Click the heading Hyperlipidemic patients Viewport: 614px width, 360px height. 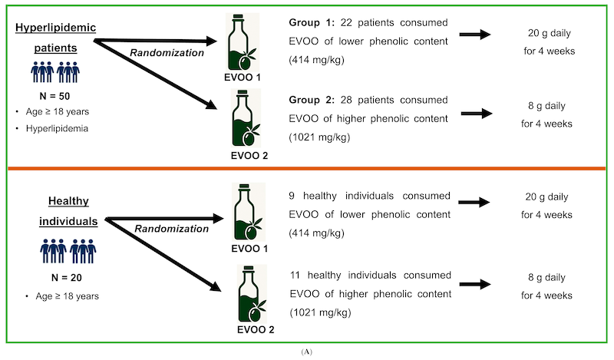(55, 38)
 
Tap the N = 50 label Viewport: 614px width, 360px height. (54, 96)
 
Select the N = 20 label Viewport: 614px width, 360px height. (67, 278)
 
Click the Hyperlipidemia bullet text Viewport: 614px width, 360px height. (57, 128)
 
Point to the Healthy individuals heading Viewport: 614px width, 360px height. (68, 211)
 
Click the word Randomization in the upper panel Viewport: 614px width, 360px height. (167, 53)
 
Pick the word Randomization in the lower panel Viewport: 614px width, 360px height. (171, 229)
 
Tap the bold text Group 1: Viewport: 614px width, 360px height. (312, 23)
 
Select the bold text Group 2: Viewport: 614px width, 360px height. (312, 100)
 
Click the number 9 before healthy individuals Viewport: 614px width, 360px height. (292, 196)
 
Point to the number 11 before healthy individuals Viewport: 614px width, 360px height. (295, 276)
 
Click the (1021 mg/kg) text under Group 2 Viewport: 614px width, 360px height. (319, 137)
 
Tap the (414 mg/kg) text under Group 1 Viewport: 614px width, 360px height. (316, 60)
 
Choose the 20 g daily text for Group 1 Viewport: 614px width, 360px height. (550, 33)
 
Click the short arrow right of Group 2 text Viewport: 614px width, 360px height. (477, 114)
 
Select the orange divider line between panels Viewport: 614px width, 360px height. (306, 168)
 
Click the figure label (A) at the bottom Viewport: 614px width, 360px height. (306, 352)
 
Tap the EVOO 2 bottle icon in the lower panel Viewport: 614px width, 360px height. (253, 294)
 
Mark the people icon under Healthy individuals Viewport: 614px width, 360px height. (68, 251)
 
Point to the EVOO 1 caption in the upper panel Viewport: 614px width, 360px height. (243, 78)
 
